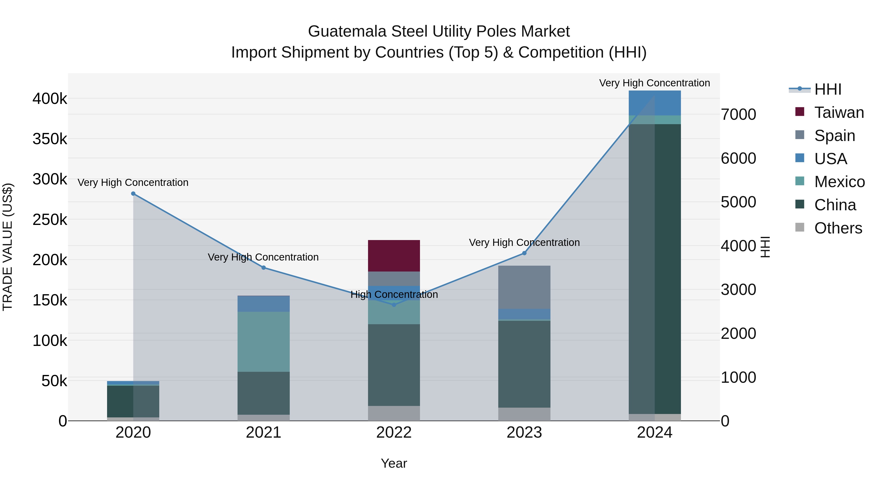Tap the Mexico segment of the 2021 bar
pyautogui.click(x=263, y=341)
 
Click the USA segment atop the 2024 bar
pyautogui.click(x=654, y=103)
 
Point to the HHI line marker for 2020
pyautogui.click(x=133, y=194)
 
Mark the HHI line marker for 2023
pyautogui.click(x=524, y=253)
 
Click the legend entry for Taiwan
pyautogui.click(x=839, y=112)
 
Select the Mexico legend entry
pyautogui.click(x=839, y=182)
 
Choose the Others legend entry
pyautogui.click(x=838, y=228)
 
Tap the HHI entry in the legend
pyautogui.click(x=828, y=89)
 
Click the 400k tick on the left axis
pyautogui.click(x=50, y=99)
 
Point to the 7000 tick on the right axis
pyautogui.click(x=738, y=115)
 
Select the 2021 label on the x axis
pyautogui.click(x=263, y=433)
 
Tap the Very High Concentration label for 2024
pyautogui.click(x=654, y=83)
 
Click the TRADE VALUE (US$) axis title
pyautogui.click(x=8, y=247)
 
